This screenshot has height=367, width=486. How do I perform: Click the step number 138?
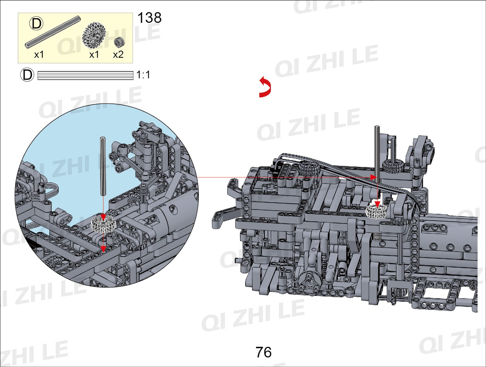[149, 18]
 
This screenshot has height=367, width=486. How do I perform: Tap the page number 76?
[263, 352]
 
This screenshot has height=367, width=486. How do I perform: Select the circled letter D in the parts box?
[36, 24]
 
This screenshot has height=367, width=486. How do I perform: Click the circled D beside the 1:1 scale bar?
[27, 75]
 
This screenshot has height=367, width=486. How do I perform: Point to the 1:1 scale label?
[143, 75]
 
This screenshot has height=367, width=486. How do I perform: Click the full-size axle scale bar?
[85, 75]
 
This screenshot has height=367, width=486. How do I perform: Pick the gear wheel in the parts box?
[94, 36]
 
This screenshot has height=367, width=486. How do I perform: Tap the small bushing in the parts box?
[120, 42]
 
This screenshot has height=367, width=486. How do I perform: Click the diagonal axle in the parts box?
[53, 32]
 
